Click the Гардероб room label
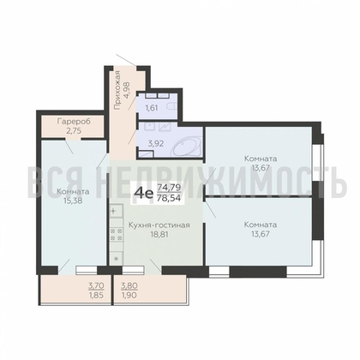point(74,122)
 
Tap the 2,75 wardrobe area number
point(74,131)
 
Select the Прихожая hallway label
point(117,90)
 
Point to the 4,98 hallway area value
point(126,90)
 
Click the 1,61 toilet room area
point(152,108)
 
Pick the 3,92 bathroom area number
point(156,144)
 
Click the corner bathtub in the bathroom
point(187,147)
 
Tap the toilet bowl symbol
point(172,107)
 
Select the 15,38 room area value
point(74,201)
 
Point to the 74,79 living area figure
point(169,188)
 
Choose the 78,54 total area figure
point(169,198)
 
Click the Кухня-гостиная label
point(159,225)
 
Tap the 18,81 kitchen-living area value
point(159,234)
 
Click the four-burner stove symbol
point(117,234)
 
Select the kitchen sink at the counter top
point(117,212)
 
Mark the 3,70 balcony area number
point(96,285)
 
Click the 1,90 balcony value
point(129,295)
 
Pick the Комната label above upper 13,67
point(261,159)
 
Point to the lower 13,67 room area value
point(261,234)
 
